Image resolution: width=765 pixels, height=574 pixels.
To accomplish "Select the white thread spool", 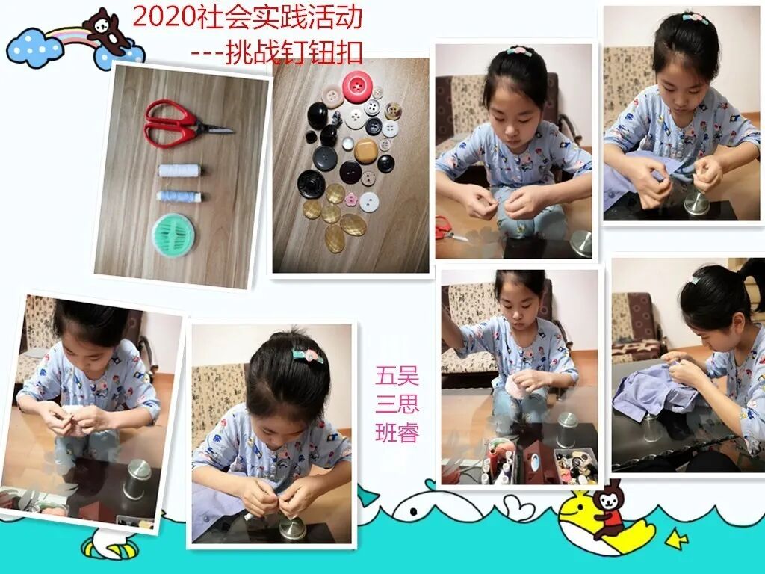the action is point(179,171).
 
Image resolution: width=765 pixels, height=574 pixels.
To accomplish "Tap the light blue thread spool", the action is point(179,197).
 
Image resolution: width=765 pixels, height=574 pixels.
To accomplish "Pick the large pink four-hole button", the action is point(358,87).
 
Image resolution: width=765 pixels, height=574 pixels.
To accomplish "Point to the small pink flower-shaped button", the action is point(352,199).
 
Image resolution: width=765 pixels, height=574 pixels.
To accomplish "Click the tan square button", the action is point(366,151).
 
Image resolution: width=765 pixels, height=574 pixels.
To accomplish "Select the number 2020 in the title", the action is point(164,18).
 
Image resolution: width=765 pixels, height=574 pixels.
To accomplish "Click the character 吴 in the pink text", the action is point(408,377).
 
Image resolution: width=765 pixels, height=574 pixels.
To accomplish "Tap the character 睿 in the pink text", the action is point(408,433).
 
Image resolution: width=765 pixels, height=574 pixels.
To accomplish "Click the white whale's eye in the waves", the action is point(414,511).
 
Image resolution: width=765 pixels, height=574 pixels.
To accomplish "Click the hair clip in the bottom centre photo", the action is point(308,355).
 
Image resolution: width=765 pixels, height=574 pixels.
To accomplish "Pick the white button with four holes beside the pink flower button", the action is point(369,202).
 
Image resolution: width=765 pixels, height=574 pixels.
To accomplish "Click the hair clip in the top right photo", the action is point(696,18).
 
